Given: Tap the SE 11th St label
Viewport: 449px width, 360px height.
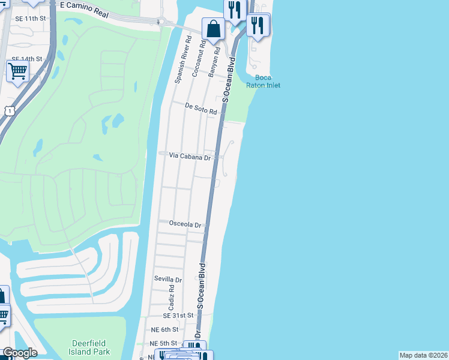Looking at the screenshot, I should (30, 19).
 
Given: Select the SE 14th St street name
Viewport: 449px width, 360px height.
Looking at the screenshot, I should (26, 59).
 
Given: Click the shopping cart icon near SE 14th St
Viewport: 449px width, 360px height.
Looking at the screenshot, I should (17, 71).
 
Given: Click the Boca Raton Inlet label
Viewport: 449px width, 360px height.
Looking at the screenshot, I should (264, 81).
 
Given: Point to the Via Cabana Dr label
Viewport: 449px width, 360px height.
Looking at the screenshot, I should (190, 156).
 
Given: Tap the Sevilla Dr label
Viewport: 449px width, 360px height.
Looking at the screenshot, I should (168, 280).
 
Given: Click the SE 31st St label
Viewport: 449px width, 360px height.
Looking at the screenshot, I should (178, 315).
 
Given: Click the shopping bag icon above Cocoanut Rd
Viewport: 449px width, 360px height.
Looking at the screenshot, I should (213, 28).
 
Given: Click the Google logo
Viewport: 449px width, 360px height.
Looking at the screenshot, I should (20, 353).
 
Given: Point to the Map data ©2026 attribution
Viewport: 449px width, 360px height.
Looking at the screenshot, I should (423, 355).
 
